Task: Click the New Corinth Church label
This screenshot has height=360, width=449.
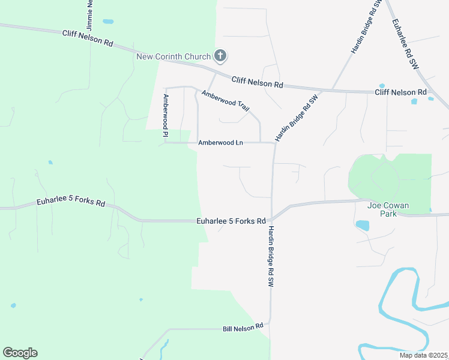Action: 173,57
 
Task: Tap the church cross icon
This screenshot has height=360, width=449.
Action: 220,56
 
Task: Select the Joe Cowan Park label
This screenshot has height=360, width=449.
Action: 388,209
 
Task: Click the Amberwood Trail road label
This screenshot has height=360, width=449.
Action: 226,100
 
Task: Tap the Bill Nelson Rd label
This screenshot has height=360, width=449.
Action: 243,328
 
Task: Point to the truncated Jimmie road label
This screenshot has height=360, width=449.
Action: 89,15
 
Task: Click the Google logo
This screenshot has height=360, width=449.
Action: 20,353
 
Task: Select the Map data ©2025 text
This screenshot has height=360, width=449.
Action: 424,355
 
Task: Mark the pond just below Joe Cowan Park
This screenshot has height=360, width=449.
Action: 362,225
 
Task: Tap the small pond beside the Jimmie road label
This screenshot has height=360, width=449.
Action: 108,22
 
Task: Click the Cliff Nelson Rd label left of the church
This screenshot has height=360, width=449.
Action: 88,39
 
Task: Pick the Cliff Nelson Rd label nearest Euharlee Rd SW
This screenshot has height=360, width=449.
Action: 400,92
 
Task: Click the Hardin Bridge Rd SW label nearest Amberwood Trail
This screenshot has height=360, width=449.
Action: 296,118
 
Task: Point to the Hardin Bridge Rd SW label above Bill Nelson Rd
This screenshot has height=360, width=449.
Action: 271,256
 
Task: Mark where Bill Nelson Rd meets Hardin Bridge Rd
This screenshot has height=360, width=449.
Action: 270,324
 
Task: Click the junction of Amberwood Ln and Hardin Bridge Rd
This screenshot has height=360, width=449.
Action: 274,143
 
